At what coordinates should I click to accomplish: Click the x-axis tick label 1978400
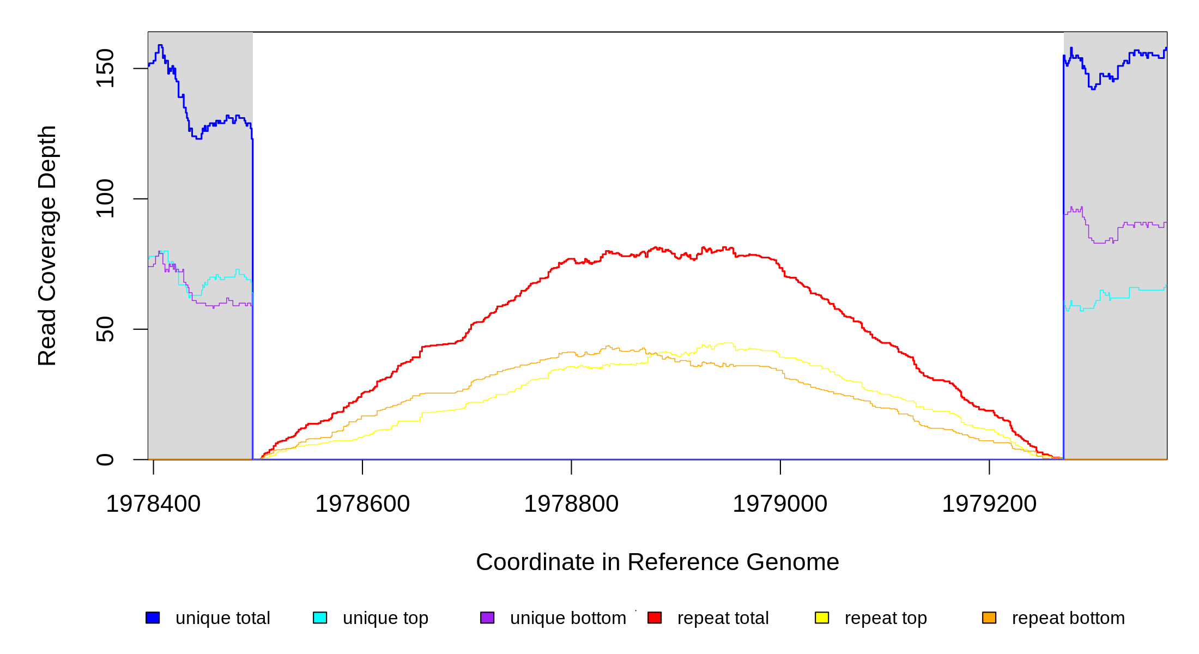(153, 504)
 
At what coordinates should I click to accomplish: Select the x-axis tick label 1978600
(362, 504)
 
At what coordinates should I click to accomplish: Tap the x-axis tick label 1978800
(571, 504)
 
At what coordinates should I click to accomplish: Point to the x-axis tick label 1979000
(780, 504)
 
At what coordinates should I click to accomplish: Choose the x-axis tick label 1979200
(989, 504)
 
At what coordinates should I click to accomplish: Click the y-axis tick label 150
(105, 68)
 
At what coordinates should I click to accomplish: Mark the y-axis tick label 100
(105, 198)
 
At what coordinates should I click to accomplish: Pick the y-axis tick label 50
(105, 329)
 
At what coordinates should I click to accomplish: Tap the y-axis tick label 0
(105, 459)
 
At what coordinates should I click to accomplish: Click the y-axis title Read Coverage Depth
(47, 245)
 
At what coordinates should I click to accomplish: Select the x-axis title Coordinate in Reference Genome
(657, 562)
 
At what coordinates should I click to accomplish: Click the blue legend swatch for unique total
(153, 617)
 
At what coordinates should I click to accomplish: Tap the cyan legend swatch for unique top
(320, 617)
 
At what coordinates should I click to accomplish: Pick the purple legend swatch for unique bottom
(487, 617)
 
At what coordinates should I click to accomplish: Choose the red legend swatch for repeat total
(655, 617)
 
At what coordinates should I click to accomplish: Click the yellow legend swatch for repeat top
(822, 617)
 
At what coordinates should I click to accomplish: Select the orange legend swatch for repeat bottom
(989, 617)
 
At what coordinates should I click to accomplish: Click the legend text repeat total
(723, 618)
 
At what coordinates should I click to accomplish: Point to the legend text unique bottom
(568, 618)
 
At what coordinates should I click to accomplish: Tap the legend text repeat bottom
(1068, 618)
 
